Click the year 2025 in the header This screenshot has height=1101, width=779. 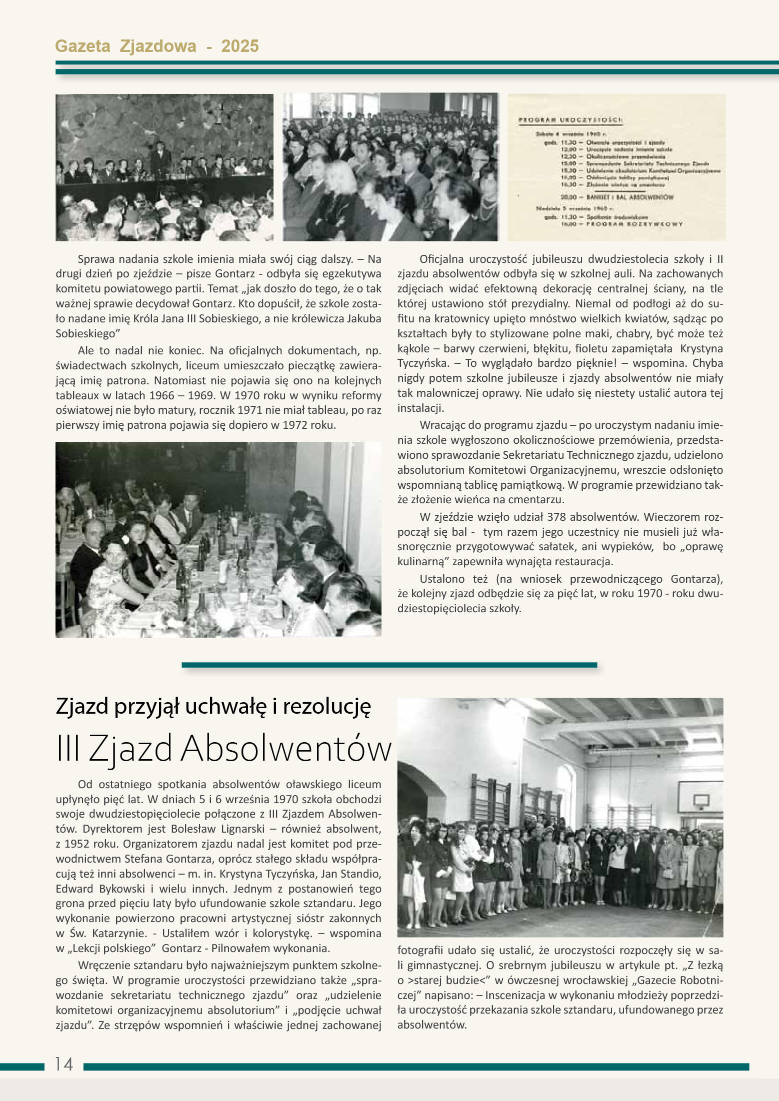(239, 46)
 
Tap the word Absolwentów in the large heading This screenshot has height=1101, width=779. (286, 749)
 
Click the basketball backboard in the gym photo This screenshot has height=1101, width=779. (699, 798)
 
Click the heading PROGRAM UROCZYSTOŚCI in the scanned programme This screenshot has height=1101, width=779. (570, 120)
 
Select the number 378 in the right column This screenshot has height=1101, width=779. (557, 517)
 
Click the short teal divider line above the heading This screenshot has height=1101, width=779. (389, 665)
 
